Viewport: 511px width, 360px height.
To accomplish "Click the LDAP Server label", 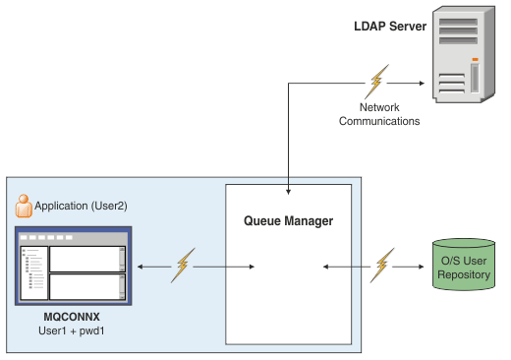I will [x=390, y=26].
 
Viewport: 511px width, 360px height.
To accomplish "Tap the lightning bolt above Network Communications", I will [x=377, y=82].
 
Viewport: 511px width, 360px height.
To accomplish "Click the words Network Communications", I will [x=379, y=114].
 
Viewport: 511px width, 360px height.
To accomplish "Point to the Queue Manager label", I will [x=288, y=221].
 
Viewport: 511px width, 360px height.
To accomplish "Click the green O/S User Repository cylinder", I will [x=463, y=264].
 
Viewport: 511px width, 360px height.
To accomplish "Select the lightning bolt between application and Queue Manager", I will [x=182, y=265].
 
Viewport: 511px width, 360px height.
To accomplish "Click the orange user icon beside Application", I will [x=25, y=207].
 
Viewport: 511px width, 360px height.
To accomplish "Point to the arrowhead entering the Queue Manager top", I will [x=288, y=189].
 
